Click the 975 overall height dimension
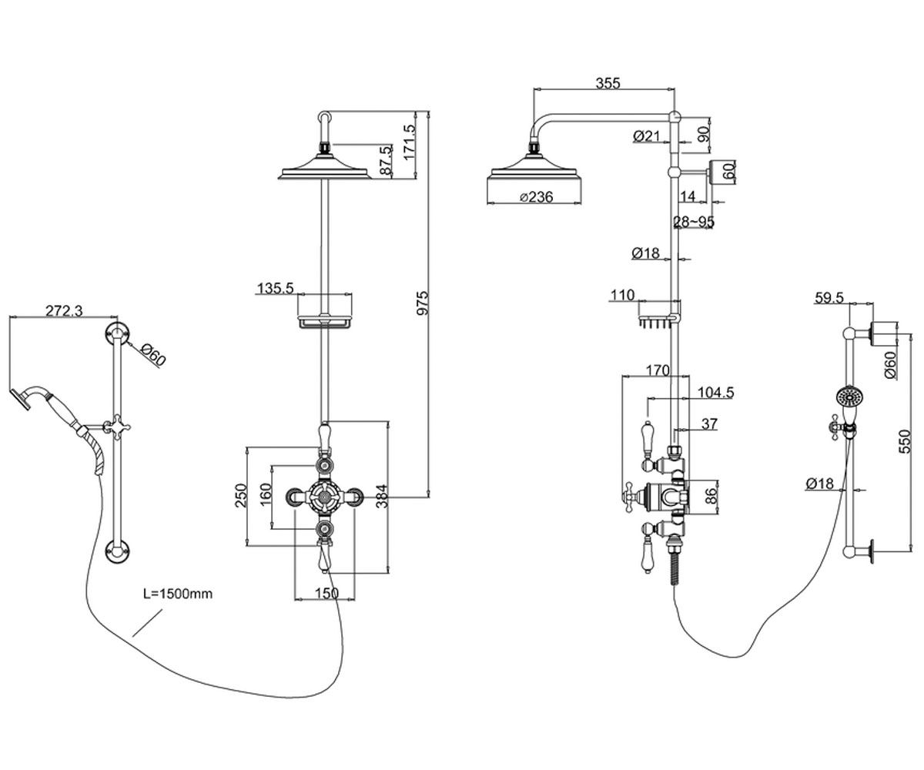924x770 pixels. (x=423, y=303)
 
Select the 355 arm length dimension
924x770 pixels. (x=608, y=83)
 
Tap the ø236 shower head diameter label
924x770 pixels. (x=537, y=197)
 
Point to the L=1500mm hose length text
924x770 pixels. (x=178, y=594)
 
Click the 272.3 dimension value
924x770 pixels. (x=64, y=310)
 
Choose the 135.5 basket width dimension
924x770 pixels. (x=275, y=289)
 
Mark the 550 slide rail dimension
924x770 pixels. (x=905, y=441)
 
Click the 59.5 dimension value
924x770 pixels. (x=829, y=298)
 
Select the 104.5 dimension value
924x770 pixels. (x=715, y=392)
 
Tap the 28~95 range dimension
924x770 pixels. (x=694, y=222)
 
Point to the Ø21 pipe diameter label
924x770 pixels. (x=646, y=136)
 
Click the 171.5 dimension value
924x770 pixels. (x=410, y=142)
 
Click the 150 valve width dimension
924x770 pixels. (x=327, y=593)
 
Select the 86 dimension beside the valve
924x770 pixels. (x=709, y=496)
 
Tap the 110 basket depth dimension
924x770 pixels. (x=622, y=295)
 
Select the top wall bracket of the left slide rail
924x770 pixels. (x=117, y=333)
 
